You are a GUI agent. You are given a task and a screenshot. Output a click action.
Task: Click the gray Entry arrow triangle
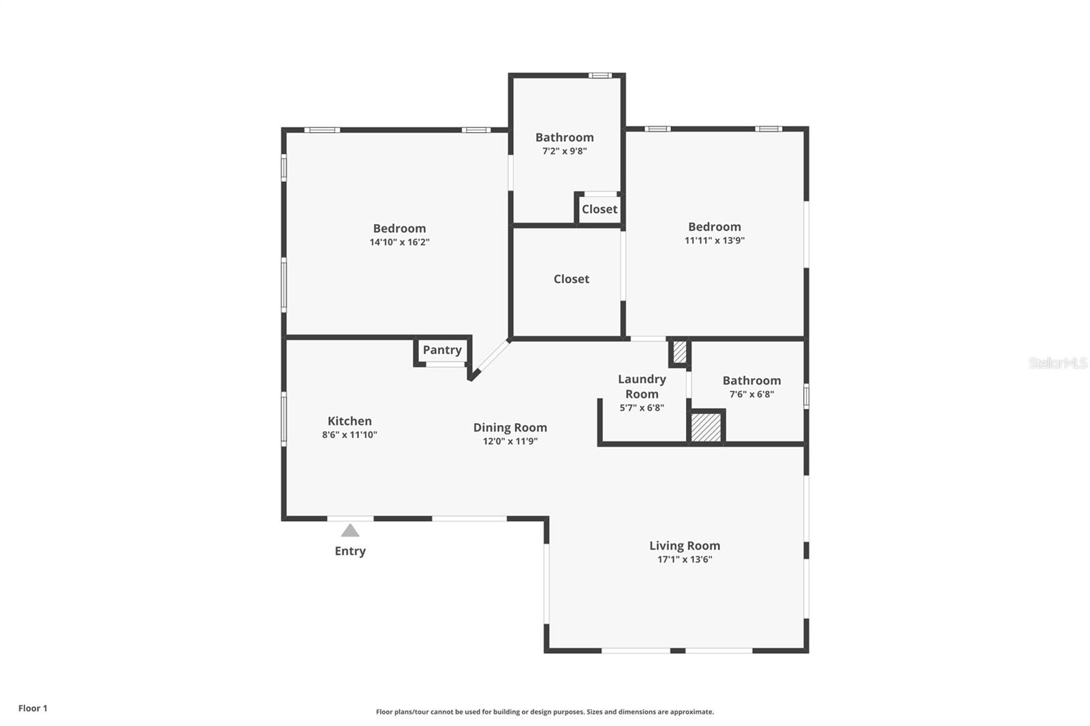tap(350, 531)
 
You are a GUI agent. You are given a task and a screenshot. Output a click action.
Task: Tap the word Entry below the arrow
tap(350, 552)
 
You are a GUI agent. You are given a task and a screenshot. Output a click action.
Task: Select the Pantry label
tap(442, 350)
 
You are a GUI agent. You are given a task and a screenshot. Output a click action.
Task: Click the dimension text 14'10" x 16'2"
tap(399, 242)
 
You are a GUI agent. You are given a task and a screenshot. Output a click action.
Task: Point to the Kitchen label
tap(349, 421)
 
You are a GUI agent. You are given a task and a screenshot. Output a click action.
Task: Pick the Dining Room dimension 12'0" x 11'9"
tap(510, 441)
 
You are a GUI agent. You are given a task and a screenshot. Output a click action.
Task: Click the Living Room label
tap(685, 546)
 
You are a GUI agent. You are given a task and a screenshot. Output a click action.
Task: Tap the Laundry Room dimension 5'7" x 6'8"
tap(642, 408)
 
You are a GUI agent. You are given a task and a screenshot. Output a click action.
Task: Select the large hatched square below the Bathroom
tap(706, 428)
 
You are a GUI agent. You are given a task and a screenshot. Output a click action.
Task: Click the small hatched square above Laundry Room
tap(679, 352)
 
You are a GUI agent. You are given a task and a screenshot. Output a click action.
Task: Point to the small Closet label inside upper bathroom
tap(599, 209)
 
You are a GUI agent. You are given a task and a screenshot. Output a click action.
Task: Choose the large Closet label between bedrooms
tap(572, 279)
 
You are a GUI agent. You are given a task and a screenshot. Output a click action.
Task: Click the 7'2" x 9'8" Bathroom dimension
tap(565, 151)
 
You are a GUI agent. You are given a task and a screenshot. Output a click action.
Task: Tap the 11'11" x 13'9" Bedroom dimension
tap(715, 240)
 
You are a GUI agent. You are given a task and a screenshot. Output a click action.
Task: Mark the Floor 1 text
tap(33, 708)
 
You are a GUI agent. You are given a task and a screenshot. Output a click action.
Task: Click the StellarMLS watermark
tap(1057, 362)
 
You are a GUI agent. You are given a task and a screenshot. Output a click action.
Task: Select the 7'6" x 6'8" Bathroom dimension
tap(751, 394)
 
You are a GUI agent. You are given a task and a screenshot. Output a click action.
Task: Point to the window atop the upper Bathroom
tap(600, 76)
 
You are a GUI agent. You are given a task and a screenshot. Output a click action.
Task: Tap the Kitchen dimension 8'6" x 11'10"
tap(349, 435)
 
